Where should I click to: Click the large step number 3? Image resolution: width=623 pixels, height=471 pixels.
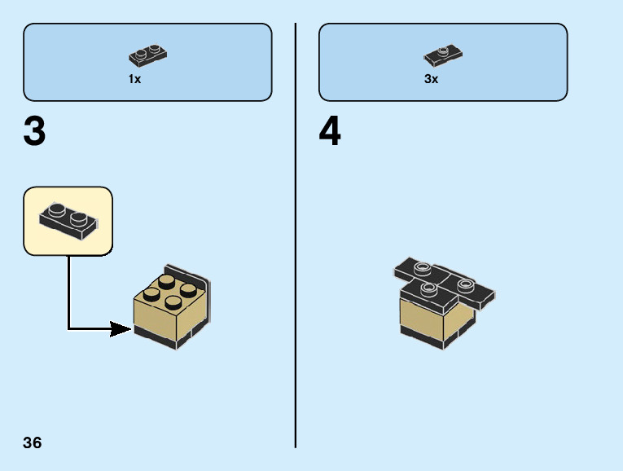click(x=34, y=133)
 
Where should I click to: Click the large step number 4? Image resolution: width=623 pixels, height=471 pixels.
click(x=330, y=133)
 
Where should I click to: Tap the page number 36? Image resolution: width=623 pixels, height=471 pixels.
click(x=33, y=443)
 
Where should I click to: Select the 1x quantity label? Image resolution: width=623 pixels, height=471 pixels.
click(x=134, y=79)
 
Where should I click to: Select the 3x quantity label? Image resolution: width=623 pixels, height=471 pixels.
click(x=431, y=79)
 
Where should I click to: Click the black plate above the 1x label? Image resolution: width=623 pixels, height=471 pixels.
click(x=147, y=55)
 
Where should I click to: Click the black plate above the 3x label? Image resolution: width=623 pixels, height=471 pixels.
click(x=443, y=55)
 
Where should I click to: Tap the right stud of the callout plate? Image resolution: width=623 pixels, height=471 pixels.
click(x=78, y=218)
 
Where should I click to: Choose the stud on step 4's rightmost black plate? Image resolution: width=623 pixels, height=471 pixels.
click(x=465, y=285)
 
